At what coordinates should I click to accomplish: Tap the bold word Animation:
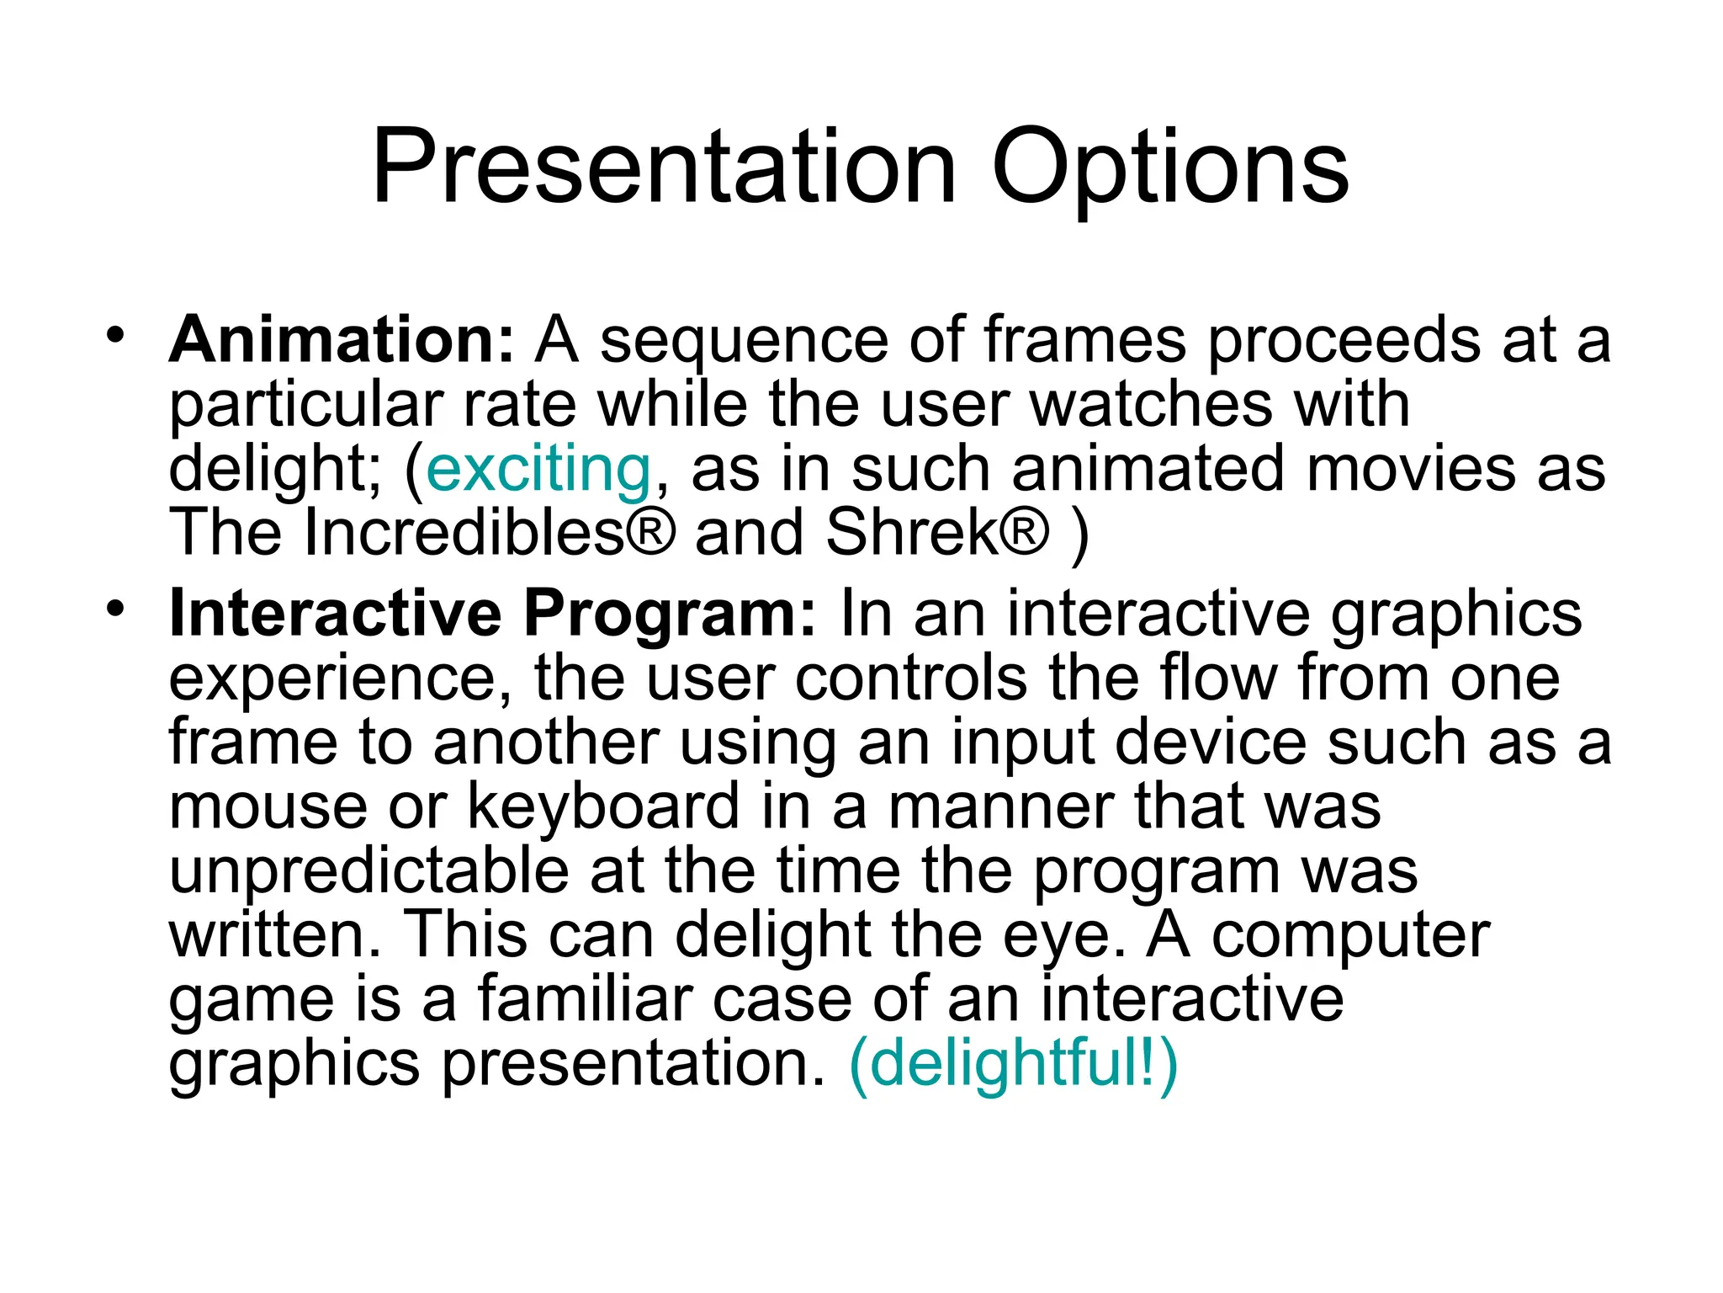click(341, 339)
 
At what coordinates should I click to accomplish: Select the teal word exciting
click(538, 469)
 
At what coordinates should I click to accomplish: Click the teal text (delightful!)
click(1013, 1063)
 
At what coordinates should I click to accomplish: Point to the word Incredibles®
click(488, 533)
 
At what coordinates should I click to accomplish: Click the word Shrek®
click(938, 533)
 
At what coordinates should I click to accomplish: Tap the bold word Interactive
click(335, 613)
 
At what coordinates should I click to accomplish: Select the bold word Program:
click(669, 615)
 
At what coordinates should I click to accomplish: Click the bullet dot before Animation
click(115, 335)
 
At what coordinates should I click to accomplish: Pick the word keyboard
click(603, 806)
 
